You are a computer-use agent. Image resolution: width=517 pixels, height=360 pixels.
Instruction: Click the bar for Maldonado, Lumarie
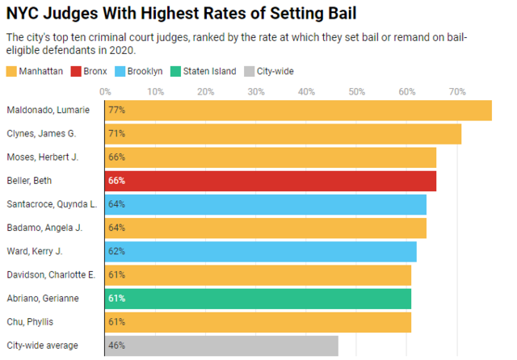[299, 110]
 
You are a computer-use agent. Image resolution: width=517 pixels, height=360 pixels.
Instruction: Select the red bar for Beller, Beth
[271, 181]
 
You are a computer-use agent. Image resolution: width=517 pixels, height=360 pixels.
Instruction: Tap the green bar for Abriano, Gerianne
[258, 299]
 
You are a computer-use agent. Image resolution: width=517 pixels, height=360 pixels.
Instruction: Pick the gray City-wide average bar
[222, 345]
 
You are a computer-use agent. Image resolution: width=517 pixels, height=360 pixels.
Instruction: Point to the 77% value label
[117, 110]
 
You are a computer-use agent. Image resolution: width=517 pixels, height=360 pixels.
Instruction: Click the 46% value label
[117, 345]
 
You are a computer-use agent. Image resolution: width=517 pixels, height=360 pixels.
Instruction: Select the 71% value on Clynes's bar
[117, 133]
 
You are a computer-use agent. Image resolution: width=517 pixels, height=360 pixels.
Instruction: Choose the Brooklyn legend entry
[143, 71]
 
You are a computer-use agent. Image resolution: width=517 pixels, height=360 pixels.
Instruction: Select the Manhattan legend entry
[37, 71]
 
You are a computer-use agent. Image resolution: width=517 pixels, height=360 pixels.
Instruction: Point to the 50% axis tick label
[357, 91]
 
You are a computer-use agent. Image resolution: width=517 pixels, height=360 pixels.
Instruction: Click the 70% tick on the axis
[457, 91]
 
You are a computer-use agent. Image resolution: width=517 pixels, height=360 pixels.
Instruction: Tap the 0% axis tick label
[106, 91]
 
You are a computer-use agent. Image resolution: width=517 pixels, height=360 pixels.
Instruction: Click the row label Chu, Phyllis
[29, 322]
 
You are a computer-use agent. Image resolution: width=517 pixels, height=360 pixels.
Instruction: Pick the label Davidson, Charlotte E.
[50, 275]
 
